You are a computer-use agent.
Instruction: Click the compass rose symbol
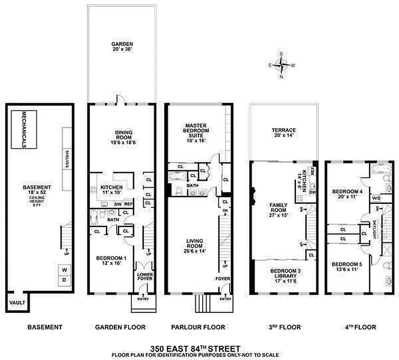[x=282, y=65]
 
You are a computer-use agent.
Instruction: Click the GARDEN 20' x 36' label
[x=122, y=47]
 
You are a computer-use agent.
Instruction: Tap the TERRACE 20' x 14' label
[x=283, y=133]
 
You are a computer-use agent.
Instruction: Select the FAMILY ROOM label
[x=278, y=210]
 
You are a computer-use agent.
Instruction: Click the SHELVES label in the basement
[x=66, y=158]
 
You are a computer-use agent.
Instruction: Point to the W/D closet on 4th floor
[x=376, y=198]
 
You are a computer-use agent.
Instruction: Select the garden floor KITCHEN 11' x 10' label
[x=112, y=190]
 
